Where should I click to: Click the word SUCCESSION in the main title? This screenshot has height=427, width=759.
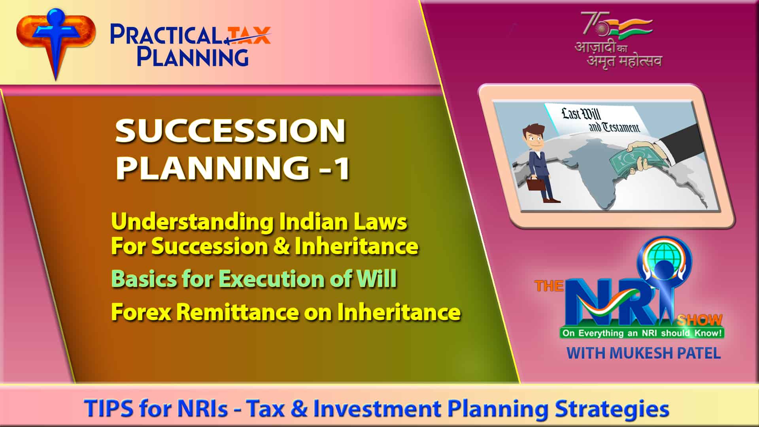pos(230,131)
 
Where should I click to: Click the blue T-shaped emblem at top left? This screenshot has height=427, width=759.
pos(55,38)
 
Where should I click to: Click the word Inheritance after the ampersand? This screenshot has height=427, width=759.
pos(357,246)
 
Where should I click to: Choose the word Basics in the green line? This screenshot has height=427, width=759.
pos(143,279)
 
